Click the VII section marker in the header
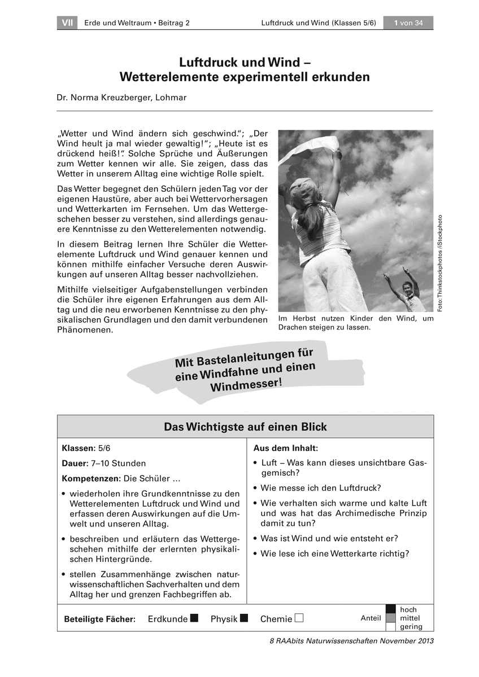point(67,23)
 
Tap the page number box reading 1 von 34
point(408,23)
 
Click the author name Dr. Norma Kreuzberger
point(121,97)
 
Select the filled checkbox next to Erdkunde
point(195,618)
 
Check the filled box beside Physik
point(244,618)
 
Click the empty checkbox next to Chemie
point(299,618)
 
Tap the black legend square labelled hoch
point(390,609)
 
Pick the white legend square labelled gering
point(390,626)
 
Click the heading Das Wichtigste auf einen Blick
point(245,427)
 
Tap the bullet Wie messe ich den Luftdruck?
point(320,488)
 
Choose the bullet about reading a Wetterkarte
point(334,553)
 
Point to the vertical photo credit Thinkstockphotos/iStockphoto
point(440,262)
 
